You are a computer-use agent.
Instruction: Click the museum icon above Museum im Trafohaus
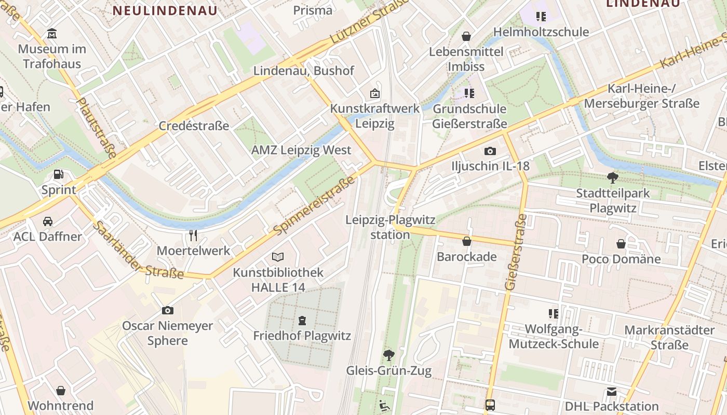click(52, 34)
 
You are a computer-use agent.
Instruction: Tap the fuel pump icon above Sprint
click(59, 175)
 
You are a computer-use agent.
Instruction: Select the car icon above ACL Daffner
click(47, 222)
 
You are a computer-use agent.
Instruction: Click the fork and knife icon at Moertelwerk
click(193, 236)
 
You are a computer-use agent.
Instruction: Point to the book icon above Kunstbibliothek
click(278, 257)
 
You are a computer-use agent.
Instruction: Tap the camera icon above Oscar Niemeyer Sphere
click(167, 310)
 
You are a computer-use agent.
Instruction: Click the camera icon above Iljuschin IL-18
click(490, 151)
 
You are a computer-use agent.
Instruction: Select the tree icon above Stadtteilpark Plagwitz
click(613, 178)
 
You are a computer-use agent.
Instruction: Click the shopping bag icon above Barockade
click(467, 241)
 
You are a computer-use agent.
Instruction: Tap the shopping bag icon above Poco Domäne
click(621, 244)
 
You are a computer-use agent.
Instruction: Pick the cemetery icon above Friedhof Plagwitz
click(302, 321)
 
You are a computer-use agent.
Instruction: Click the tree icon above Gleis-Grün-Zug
click(388, 355)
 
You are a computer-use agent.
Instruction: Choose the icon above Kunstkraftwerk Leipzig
click(375, 94)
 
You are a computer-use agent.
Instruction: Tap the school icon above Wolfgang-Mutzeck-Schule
click(554, 313)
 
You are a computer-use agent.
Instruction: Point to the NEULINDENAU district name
click(165, 10)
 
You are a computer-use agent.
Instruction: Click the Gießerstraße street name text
click(516, 252)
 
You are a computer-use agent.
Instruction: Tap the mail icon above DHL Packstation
click(612, 392)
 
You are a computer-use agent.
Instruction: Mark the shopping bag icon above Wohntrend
click(61, 391)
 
